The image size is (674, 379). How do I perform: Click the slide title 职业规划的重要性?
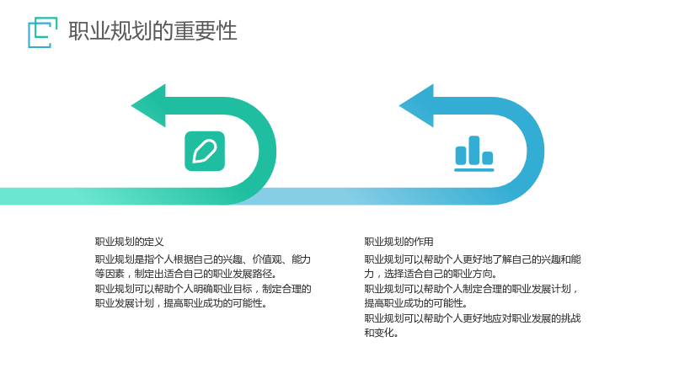(x=152, y=31)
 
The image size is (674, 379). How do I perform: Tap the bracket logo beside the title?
(x=43, y=32)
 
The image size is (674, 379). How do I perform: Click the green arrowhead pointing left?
(x=148, y=106)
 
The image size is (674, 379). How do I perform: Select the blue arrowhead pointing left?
(x=416, y=106)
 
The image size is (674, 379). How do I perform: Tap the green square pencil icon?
(x=205, y=152)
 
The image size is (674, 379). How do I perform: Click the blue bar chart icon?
(x=474, y=154)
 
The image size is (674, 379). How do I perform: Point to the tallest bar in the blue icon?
(x=474, y=150)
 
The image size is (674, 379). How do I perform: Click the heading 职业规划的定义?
(x=130, y=242)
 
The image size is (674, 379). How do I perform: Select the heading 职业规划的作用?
(x=399, y=242)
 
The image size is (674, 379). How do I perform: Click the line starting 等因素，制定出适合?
(x=186, y=274)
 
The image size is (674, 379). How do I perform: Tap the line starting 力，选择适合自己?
(x=431, y=274)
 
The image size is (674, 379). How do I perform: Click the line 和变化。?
(x=382, y=333)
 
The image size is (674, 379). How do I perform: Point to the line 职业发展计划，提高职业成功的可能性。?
(x=181, y=303)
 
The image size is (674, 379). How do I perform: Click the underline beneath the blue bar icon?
(x=474, y=170)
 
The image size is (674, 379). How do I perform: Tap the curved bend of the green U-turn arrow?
(x=267, y=152)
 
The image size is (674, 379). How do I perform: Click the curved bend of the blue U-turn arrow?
(x=536, y=152)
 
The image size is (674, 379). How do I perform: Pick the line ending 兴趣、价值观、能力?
(x=203, y=259)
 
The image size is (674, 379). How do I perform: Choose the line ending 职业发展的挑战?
(x=473, y=318)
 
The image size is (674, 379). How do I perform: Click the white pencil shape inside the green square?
(x=205, y=152)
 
